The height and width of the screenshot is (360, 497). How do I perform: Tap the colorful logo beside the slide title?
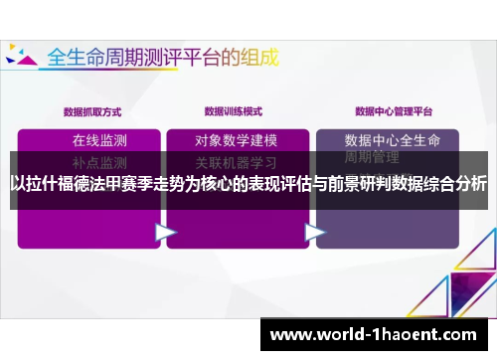tap(21, 56)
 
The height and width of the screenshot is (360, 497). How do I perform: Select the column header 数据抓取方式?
tap(92, 110)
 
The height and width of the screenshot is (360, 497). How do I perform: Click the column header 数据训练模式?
tap(235, 110)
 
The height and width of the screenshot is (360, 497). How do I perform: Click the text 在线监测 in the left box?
tap(99, 139)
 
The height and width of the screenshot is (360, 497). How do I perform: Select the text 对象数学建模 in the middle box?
tap(236, 139)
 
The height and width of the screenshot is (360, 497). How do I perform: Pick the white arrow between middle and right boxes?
tap(315, 232)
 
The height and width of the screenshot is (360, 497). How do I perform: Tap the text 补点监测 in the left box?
tap(99, 161)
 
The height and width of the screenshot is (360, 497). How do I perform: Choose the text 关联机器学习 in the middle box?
tap(236, 161)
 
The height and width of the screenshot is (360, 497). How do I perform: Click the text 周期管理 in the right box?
tap(372, 158)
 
